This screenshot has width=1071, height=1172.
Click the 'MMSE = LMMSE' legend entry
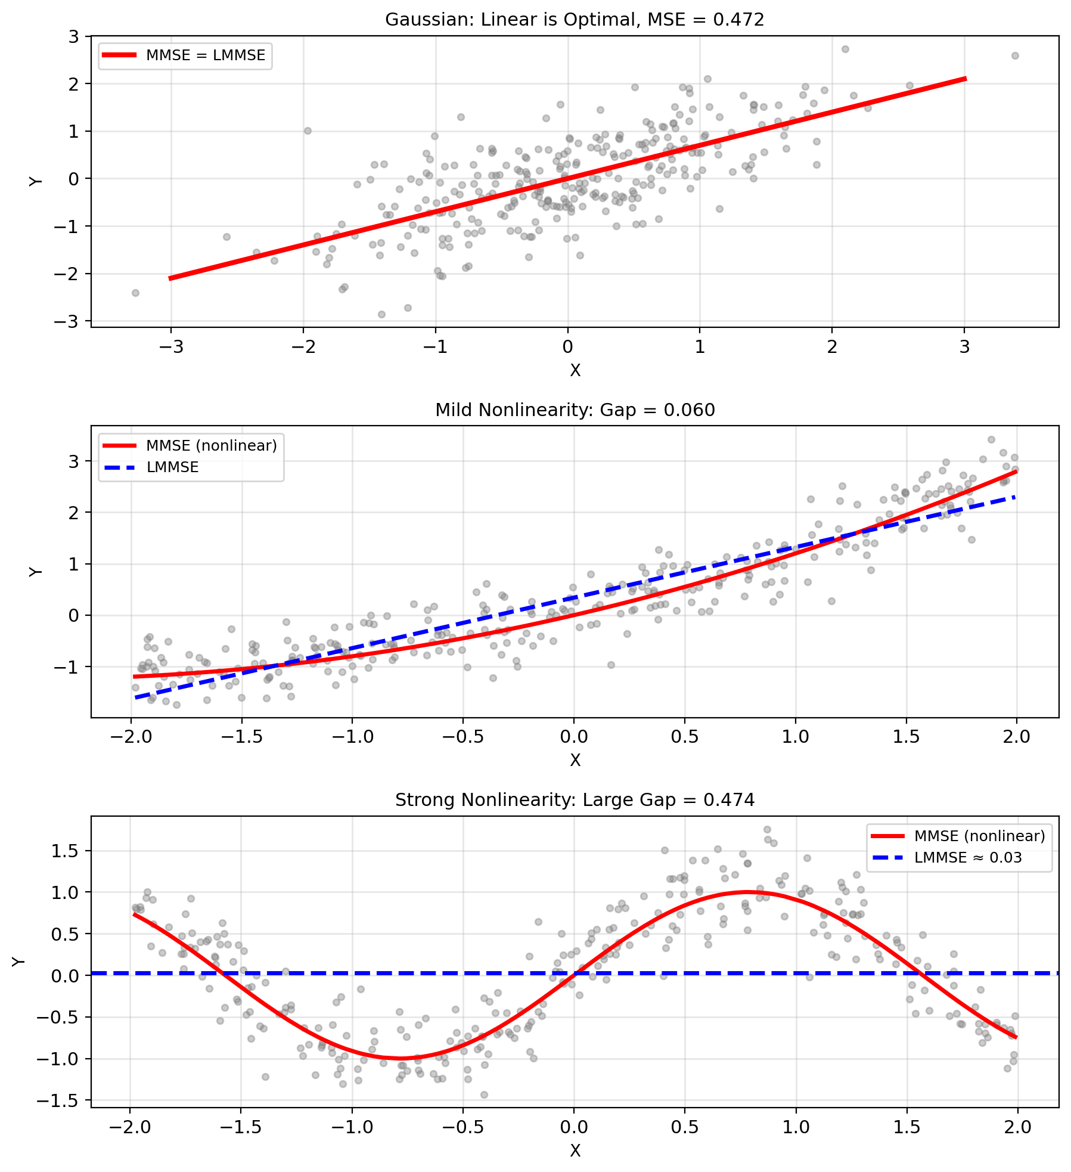pos(206,55)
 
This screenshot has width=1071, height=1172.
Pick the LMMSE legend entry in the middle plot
pos(172,467)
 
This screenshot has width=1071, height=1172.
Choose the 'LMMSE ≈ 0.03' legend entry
pos(968,858)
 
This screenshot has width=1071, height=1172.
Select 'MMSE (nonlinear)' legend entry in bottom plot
pos(979,836)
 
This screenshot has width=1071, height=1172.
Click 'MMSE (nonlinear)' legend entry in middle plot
pos(212,446)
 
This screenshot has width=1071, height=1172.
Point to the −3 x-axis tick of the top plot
pos(171,347)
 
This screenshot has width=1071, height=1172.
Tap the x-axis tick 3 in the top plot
pos(964,347)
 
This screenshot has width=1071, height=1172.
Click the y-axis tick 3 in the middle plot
pos(74,461)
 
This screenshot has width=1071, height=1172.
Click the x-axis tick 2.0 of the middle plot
pos(1017,737)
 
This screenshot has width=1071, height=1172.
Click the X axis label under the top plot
pos(575,371)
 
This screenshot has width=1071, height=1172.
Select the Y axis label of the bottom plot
pos(20,962)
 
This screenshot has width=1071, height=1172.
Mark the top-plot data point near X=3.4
pos(1015,56)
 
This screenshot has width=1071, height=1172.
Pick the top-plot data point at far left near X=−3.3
pos(135,293)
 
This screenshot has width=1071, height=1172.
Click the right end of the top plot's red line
pos(964,79)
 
